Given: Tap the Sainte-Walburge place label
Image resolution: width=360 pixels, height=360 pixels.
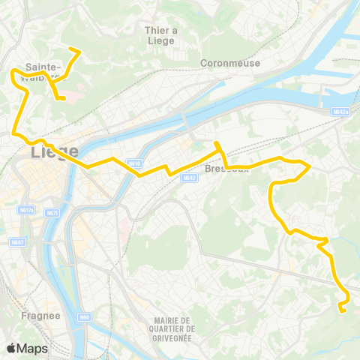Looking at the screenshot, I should [43, 70].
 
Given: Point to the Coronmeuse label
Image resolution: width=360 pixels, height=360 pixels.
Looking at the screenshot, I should [230, 63].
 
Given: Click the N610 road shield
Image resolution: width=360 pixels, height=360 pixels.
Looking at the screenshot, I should [134, 163].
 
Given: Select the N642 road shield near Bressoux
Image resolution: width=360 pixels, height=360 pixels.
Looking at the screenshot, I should [189, 178].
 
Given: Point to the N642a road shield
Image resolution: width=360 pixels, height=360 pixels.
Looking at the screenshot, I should [340, 112].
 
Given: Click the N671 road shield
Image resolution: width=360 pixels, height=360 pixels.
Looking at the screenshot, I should [52, 213].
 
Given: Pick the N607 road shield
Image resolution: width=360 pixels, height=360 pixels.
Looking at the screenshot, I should [18, 241].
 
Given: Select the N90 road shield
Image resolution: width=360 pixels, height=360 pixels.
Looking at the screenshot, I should [85, 316].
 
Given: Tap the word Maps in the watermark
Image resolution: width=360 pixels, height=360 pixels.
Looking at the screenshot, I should [33, 348].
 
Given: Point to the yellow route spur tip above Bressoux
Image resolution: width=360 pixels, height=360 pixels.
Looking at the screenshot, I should [216, 142].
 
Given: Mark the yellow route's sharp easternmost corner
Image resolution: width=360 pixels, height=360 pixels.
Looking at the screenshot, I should [310, 166].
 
